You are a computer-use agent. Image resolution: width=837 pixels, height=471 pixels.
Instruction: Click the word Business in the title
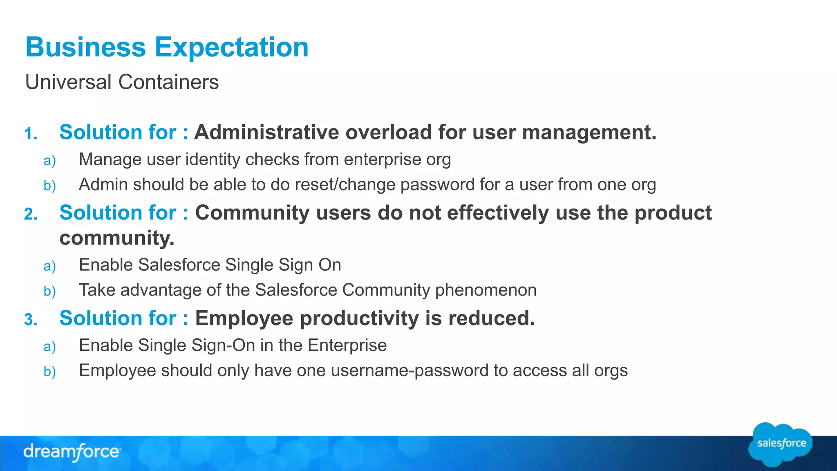85,47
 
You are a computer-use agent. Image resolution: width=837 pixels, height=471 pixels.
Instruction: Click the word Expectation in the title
231,47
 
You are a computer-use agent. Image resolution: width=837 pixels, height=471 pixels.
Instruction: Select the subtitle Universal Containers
122,82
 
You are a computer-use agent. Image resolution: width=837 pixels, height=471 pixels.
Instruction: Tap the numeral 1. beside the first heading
31,134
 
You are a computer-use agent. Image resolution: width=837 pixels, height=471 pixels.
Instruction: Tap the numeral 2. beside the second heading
31,214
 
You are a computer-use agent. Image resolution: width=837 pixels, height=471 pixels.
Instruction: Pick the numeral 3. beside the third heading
31,320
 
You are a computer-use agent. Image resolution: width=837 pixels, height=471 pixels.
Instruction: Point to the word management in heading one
589,132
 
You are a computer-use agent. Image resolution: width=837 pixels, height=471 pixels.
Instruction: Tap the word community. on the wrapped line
117,238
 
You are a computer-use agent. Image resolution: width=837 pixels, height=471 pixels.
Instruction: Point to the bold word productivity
359,318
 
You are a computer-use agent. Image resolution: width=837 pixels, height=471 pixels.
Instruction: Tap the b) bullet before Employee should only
49,372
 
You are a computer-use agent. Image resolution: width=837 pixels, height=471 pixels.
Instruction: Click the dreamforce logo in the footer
72,452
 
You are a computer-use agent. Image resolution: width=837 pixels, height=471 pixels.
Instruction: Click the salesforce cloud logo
781,444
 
